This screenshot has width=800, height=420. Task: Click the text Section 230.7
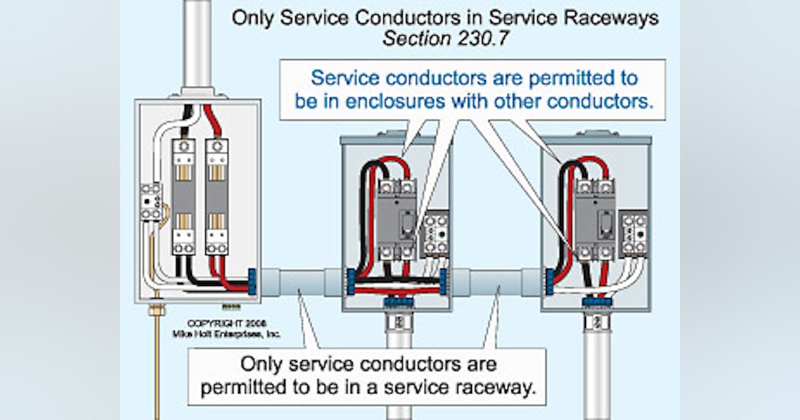point(445,39)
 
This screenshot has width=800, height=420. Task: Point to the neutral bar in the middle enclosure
point(436,233)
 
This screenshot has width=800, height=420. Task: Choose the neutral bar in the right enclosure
point(633,233)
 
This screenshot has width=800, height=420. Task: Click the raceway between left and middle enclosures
point(300,283)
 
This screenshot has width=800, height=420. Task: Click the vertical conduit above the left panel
point(198,43)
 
